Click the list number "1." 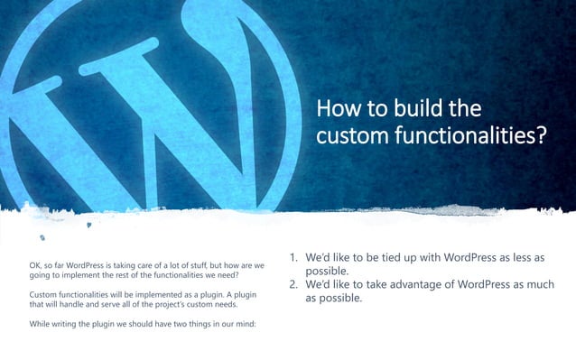pos(293,258)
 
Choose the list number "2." pos(293,286)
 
